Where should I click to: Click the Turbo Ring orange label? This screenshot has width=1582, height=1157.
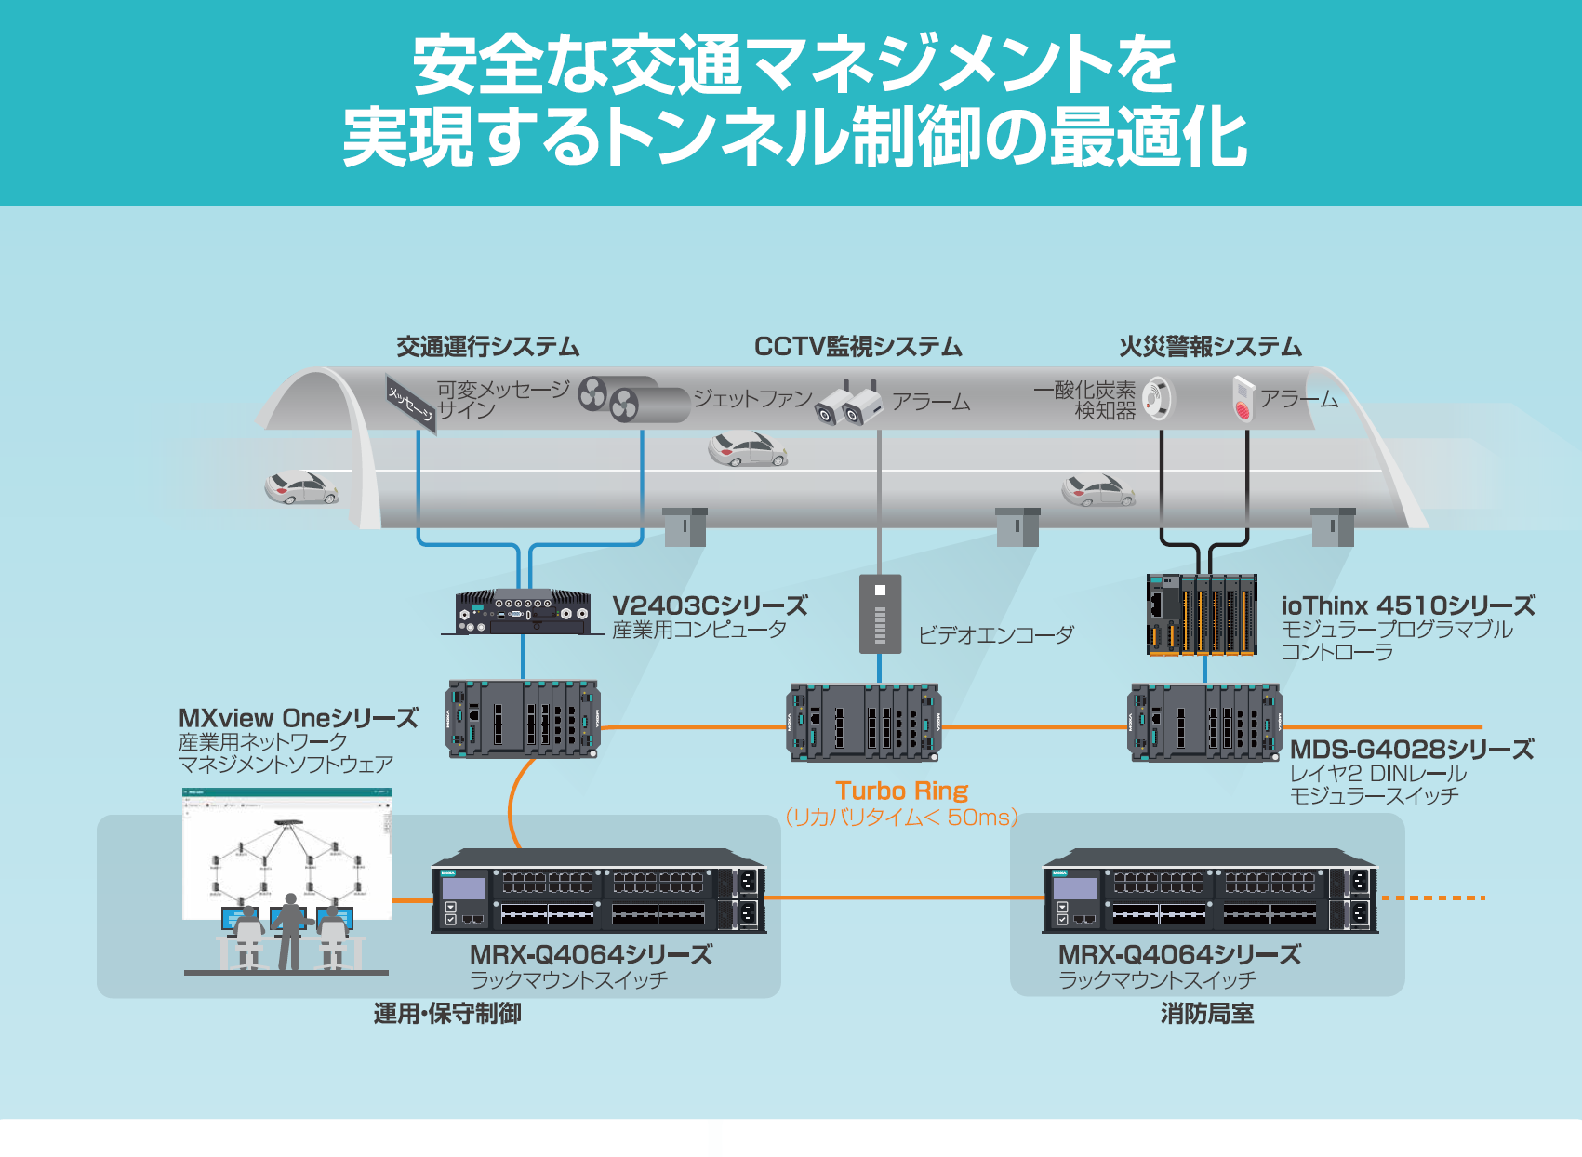tap(901, 791)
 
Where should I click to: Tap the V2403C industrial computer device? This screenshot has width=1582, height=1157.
tap(522, 612)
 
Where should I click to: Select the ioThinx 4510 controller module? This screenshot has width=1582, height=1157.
tap(1201, 616)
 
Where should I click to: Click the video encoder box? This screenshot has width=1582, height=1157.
tap(880, 614)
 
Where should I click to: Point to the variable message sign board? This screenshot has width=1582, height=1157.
tap(411, 403)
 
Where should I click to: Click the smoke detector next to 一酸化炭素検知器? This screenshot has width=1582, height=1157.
tap(1158, 397)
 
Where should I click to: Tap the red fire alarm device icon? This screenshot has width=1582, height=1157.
tap(1243, 397)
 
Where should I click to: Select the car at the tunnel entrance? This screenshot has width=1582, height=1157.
tap(300, 488)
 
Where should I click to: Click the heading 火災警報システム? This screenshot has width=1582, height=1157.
tap(1210, 347)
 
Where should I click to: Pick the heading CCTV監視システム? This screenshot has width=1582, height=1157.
tap(857, 347)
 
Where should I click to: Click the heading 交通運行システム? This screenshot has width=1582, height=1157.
tap(487, 347)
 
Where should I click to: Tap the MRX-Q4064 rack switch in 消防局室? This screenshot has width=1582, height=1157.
tap(1209, 891)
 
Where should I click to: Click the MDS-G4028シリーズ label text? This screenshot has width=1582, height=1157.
tap(1411, 750)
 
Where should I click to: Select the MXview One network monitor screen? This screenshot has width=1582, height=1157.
tap(287, 851)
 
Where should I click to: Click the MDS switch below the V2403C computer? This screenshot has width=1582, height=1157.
tap(523, 719)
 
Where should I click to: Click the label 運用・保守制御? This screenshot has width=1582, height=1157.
tap(447, 1014)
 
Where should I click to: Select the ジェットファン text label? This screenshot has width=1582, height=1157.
tap(752, 398)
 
